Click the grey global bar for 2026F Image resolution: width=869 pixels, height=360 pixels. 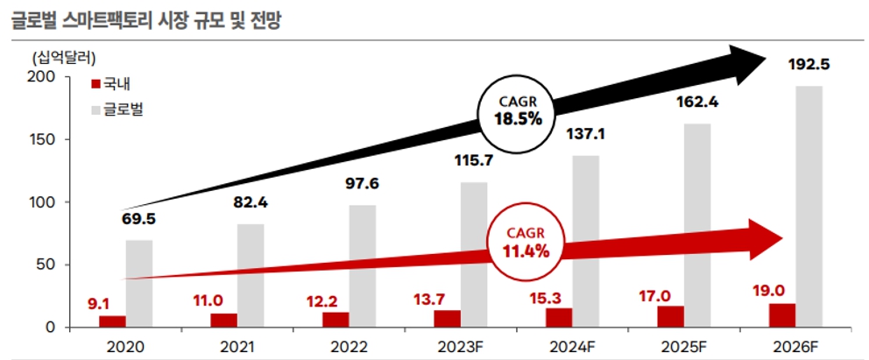point(809,206)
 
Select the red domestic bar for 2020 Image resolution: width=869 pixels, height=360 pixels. point(112,321)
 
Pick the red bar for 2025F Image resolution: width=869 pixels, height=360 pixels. point(671,317)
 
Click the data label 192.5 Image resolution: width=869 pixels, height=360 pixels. point(809,64)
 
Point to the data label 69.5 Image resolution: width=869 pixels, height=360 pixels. point(138,218)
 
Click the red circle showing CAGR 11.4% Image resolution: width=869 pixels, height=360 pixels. point(526,244)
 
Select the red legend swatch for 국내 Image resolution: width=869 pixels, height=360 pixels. point(95,84)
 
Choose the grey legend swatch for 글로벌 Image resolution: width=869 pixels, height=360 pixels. point(95,110)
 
